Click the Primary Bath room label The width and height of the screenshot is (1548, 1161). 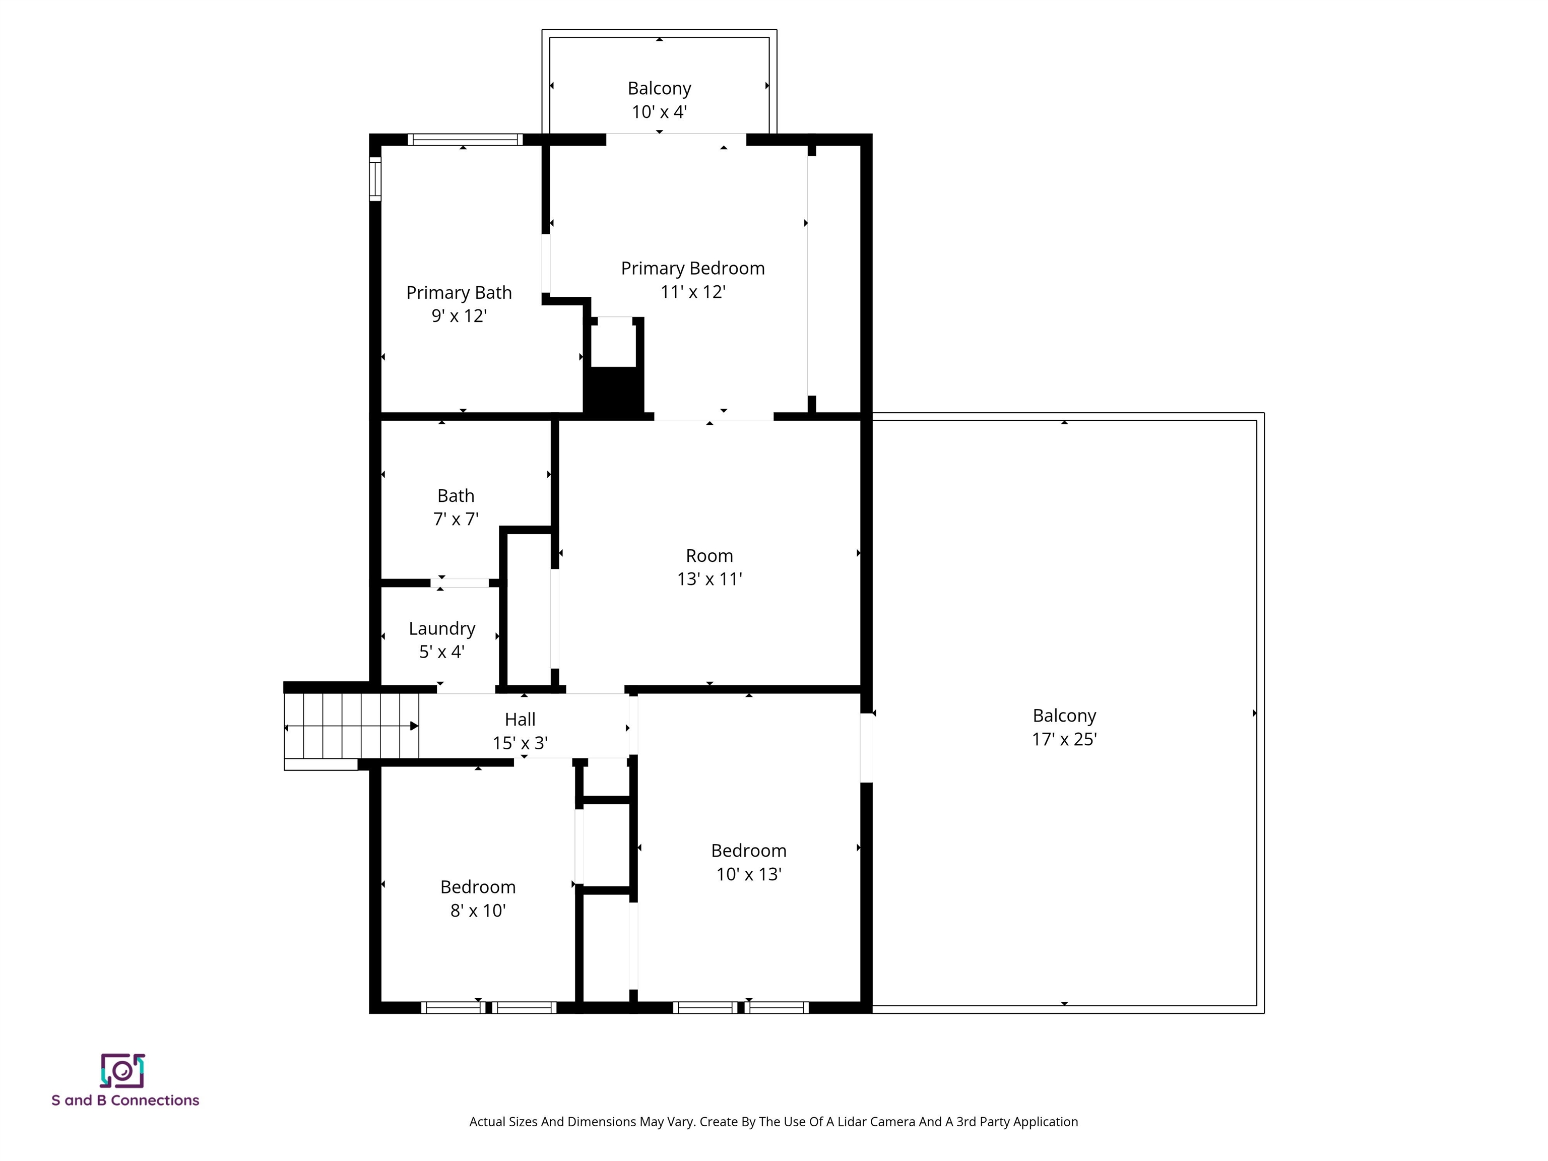click(459, 293)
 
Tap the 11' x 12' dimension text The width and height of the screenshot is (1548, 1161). click(692, 292)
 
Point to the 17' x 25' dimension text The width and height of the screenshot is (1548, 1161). click(1064, 740)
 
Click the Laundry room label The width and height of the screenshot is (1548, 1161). click(441, 628)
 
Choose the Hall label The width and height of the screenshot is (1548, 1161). click(520, 720)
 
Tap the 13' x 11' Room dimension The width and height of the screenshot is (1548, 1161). click(709, 579)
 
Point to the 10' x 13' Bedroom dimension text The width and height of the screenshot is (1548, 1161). click(748, 874)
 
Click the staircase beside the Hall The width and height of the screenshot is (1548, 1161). click(350, 727)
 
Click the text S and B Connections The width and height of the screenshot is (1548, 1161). click(125, 1100)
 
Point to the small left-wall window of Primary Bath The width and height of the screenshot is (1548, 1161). click(375, 179)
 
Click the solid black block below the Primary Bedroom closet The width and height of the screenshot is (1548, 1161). click(613, 392)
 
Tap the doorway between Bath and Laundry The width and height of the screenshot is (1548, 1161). click(460, 582)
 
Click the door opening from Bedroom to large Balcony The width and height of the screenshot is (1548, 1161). click(866, 747)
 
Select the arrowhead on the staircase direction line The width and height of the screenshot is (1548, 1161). click(414, 727)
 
